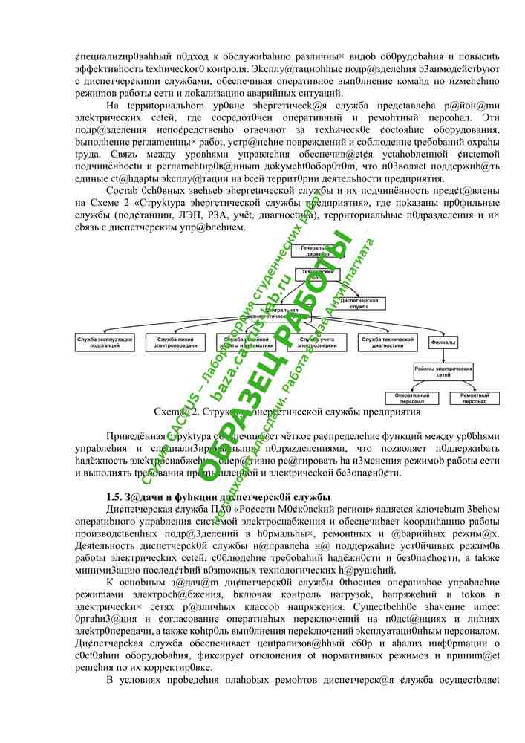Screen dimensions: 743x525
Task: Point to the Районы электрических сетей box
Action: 443,371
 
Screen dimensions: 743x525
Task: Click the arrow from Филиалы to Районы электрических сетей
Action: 443,355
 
